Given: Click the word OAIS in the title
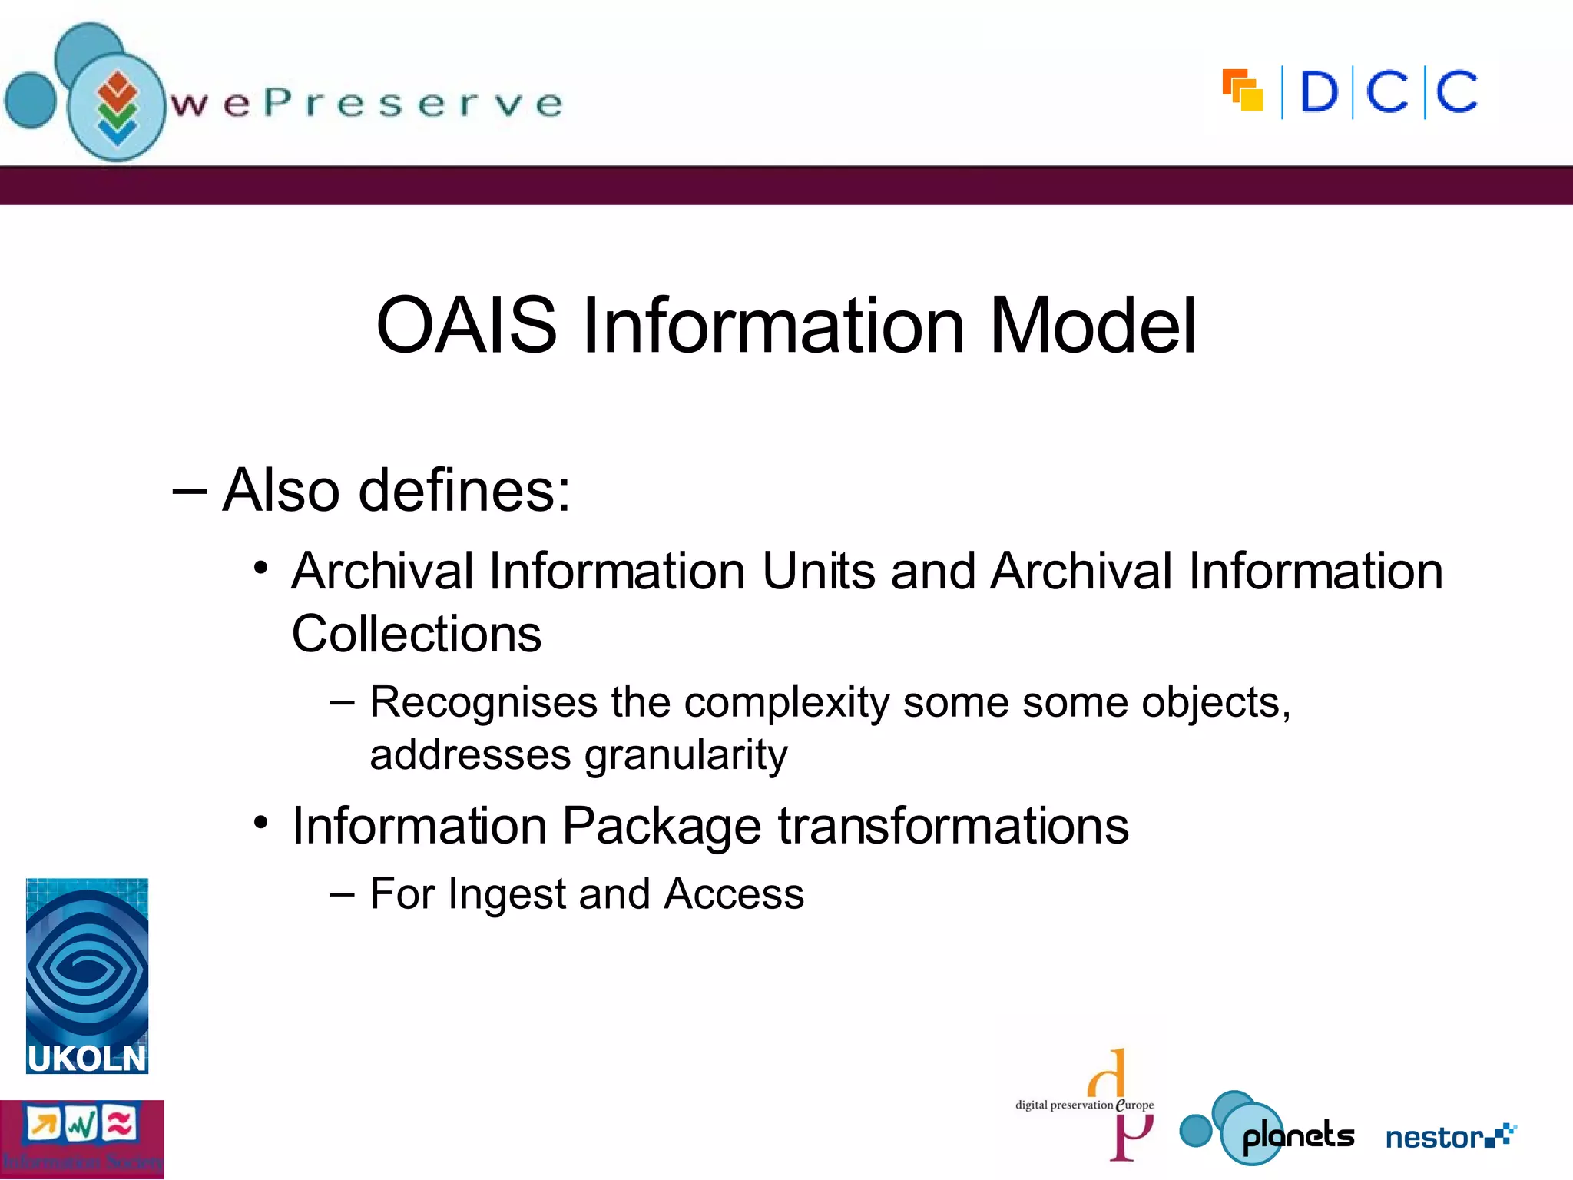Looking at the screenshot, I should pyautogui.click(x=465, y=326).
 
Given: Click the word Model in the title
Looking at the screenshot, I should pyautogui.click(x=1092, y=326).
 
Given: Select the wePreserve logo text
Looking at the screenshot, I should pyautogui.click(x=367, y=104).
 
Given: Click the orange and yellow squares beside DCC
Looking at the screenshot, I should pyautogui.click(x=1243, y=90).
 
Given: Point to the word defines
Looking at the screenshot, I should pyautogui.click(x=464, y=490).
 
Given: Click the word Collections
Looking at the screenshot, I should pyautogui.click(x=416, y=635).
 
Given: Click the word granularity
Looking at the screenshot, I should pyautogui.click(x=686, y=754).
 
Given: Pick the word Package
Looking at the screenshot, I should pyautogui.click(x=661, y=827).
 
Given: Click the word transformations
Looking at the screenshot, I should pyautogui.click(x=952, y=827).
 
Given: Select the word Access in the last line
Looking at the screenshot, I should pyautogui.click(x=734, y=894).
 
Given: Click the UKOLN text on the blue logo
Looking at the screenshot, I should pyautogui.click(x=86, y=1059).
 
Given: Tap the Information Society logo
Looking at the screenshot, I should pyautogui.click(x=81, y=1139).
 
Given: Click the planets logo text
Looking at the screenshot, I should pyautogui.click(x=1298, y=1135).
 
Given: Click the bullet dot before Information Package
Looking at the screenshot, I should pyautogui.click(x=261, y=823).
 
